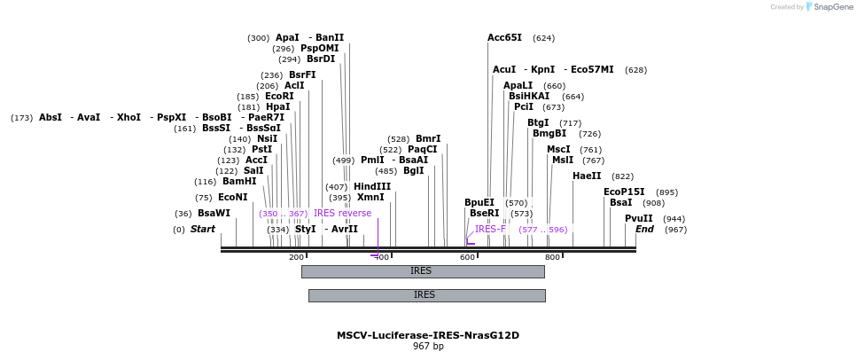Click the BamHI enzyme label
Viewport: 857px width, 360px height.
[239, 181]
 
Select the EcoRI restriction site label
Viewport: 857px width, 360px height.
[279, 96]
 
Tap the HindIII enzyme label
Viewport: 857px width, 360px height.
[372, 186]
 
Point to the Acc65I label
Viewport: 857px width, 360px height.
[504, 38]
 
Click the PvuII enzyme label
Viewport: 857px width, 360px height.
[638, 218]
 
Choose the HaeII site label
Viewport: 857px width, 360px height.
[587, 176]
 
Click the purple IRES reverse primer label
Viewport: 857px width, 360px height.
[342, 213]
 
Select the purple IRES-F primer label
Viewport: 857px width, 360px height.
[490, 229]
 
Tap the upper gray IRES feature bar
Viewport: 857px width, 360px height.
[422, 271]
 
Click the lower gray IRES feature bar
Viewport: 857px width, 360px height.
[425, 295]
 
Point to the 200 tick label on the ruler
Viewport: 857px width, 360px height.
[296, 257]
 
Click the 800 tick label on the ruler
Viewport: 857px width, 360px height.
[552, 257]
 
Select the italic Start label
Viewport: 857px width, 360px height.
[203, 229]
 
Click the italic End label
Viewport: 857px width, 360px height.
[644, 229]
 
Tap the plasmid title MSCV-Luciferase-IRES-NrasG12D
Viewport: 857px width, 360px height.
[428, 335]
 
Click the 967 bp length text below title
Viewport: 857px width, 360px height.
[428, 346]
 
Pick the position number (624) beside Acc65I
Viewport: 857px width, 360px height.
[543, 38]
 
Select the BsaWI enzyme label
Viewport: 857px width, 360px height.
[214, 213]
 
